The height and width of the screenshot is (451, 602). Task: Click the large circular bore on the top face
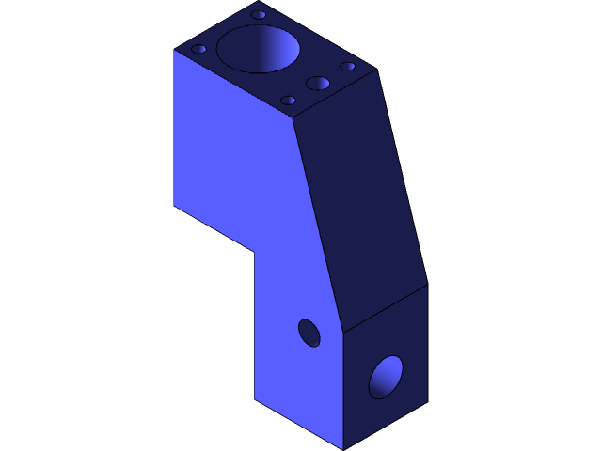click(x=259, y=49)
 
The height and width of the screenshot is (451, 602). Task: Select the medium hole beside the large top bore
click(x=318, y=84)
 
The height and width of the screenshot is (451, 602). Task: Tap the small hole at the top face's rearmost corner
click(x=258, y=15)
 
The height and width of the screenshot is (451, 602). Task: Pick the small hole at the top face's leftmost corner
click(x=199, y=49)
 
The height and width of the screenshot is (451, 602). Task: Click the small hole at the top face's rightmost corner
click(x=348, y=66)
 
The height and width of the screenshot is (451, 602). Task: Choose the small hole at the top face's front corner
click(x=289, y=100)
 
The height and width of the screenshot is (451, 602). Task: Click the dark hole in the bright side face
click(x=309, y=333)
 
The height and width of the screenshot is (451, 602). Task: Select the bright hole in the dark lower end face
click(x=385, y=377)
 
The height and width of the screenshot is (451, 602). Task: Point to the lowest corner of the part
click(x=343, y=449)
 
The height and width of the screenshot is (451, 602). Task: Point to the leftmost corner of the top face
click(x=174, y=50)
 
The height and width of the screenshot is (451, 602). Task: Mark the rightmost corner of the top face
click(x=376, y=70)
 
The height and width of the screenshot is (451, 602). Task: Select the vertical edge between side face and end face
click(x=343, y=390)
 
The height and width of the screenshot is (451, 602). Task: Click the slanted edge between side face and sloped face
click(x=319, y=225)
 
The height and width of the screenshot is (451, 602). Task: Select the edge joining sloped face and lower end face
click(x=386, y=308)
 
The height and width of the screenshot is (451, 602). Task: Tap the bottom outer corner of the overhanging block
click(x=174, y=205)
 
